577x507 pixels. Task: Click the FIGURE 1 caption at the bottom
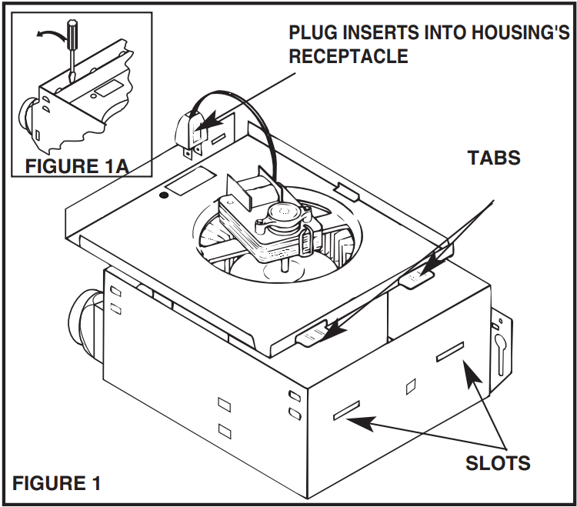point(56,483)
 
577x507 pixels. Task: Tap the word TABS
point(494,158)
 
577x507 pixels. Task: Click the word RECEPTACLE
point(348,56)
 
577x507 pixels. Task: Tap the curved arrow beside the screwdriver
point(48,35)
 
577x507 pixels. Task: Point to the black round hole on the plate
point(163,198)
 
